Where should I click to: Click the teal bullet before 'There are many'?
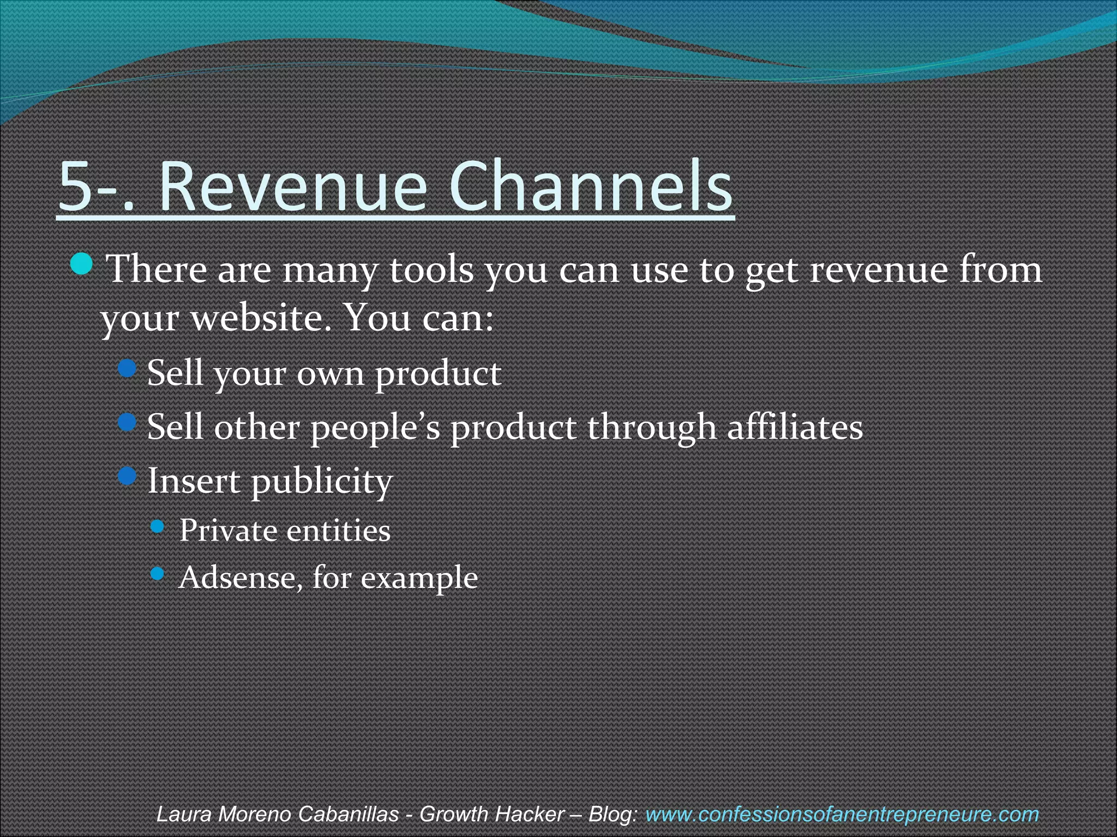coord(82,264)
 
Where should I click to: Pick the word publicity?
coord(322,482)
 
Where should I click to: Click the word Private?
coord(227,530)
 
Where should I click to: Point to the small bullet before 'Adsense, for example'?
coord(157,573)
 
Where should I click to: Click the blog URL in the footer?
coord(842,815)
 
